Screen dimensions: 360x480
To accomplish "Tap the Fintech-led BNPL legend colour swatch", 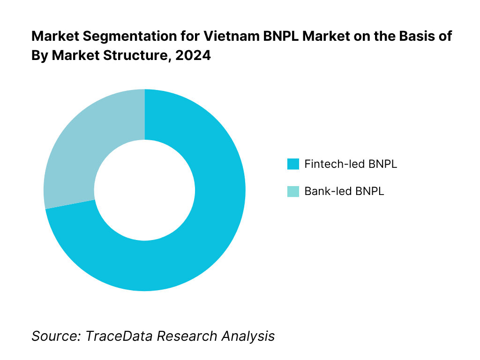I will (x=293, y=164).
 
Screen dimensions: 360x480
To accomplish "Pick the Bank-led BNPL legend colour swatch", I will (x=293, y=191).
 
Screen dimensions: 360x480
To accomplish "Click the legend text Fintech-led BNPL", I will (x=351, y=164).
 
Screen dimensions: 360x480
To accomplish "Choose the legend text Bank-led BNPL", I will (x=344, y=191).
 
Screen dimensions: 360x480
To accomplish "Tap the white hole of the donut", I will (x=144, y=190).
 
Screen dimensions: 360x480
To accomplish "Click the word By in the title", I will (x=39, y=55).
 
